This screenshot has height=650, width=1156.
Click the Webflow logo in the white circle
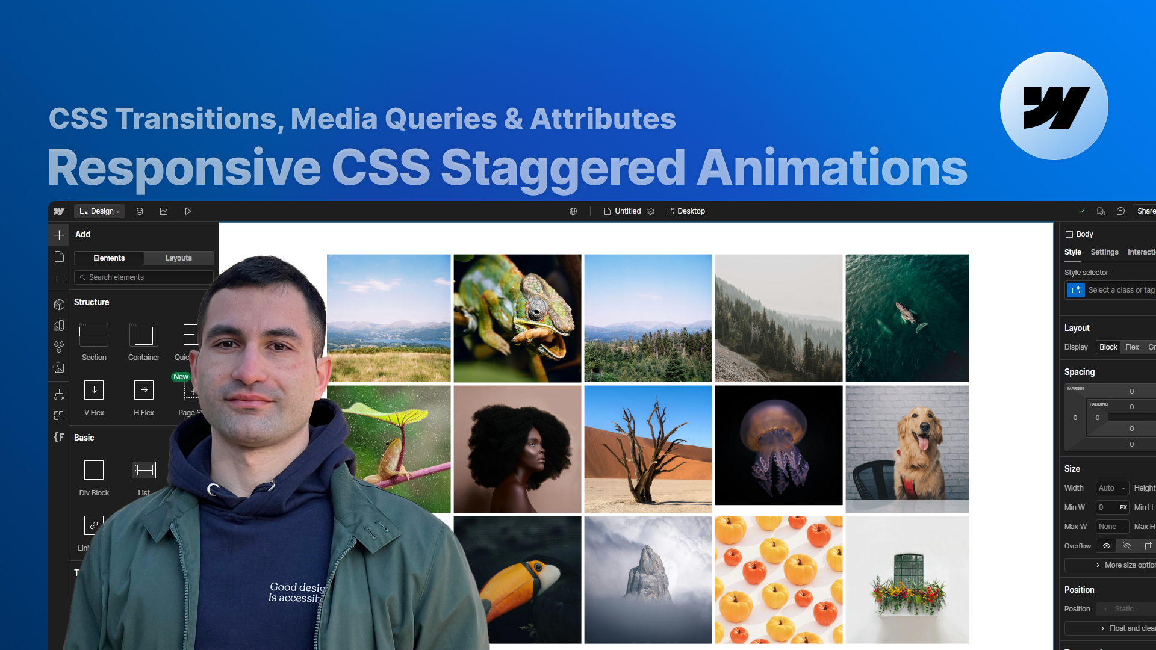click(x=1055, y=107)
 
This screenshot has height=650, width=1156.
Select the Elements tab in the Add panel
click(x=109, y=258)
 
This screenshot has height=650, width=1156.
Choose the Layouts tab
click(x=178, y=258)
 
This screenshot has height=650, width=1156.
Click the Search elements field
click(x=144, y=277)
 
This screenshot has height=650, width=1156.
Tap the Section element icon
click(x=94, y=335)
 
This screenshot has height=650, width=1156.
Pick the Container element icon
click(x=144, y=335)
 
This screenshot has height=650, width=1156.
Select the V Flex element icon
click(x=94, y=390)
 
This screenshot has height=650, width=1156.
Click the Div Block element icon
click(x=94, y=470)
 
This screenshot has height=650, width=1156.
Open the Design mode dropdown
click(x=100, y=211)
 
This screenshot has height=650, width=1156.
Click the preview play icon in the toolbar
click(x=188, y=211)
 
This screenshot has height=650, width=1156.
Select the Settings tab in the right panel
click(x=1104, y=252)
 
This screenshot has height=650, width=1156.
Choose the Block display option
click(x=1108, y=347)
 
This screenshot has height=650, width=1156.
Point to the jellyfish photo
click(x=778, y=445)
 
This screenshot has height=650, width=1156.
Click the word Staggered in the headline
click(x=563, y=168)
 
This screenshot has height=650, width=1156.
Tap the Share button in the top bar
click(x=1145, y=211)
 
